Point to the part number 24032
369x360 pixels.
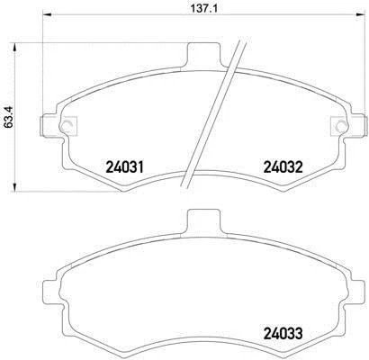pos(283,166)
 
